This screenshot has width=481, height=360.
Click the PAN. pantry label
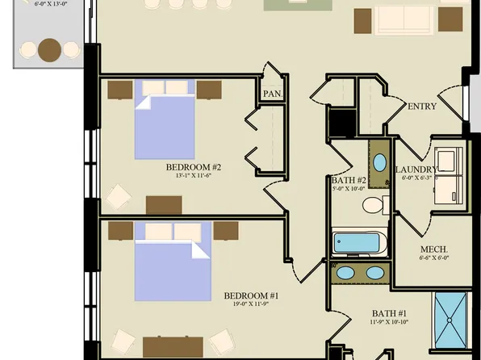tap(272, 94)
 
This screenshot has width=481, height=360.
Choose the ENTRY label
tap(422, 107)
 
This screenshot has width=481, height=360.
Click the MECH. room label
tap(433, 249)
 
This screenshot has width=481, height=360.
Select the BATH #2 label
tap(349, 180)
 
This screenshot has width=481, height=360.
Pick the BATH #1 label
tap(389, 313)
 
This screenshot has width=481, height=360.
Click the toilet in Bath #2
tap(374, 205)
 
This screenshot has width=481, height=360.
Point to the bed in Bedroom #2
tap(164, 118)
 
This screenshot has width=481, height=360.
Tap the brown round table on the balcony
tap(50, 50)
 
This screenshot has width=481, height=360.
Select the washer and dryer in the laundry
tap(449, 174)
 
